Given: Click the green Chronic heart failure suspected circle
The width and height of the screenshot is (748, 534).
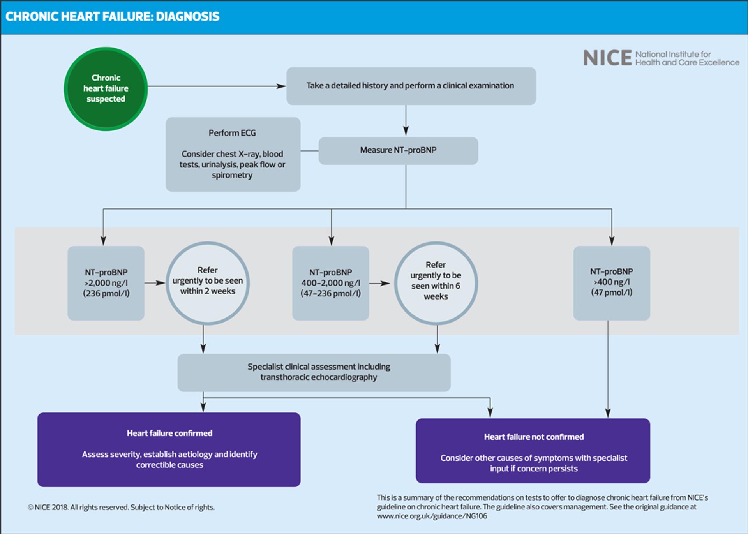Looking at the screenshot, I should tap(106, 89).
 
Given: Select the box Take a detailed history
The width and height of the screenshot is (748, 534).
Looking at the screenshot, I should tap(411, 86).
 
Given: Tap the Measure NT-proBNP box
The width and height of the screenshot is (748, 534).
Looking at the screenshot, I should tap(398, 150).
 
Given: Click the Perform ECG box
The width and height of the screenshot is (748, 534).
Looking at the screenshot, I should tap(233, 154).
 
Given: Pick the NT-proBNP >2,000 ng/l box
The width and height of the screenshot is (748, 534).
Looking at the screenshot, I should tap(106, 283).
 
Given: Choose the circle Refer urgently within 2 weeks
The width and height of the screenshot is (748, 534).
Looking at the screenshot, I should tap(208, 283).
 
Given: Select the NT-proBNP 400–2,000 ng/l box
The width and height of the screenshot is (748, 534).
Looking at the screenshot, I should tap(330, 283).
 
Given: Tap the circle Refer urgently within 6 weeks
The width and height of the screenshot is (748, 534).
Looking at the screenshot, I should tap(436, 283).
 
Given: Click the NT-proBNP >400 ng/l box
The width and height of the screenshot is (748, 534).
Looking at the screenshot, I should tap(611, 283).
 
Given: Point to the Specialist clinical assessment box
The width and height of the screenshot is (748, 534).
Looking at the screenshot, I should tap(314, 372).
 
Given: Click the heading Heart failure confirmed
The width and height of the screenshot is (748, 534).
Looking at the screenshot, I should tap(169, 433).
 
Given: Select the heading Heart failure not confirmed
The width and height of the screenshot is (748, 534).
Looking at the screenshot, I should tap(534, 437).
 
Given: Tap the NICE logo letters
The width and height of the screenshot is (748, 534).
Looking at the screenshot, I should tap(607, 58).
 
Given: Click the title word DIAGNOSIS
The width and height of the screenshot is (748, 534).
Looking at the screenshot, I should tap(187, 17).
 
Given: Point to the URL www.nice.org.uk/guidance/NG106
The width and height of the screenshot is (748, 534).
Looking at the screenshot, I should tap(432, 516).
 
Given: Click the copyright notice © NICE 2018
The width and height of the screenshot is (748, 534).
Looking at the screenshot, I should tap(121, 507).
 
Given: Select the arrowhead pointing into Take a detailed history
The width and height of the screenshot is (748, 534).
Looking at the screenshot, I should tap(281, 86).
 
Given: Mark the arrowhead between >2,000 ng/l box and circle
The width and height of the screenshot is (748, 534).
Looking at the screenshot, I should tap(161, 283).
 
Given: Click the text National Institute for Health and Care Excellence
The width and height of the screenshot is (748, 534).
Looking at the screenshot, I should tap(687, 58).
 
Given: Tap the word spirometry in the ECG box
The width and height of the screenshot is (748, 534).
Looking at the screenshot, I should tap(232, 175).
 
